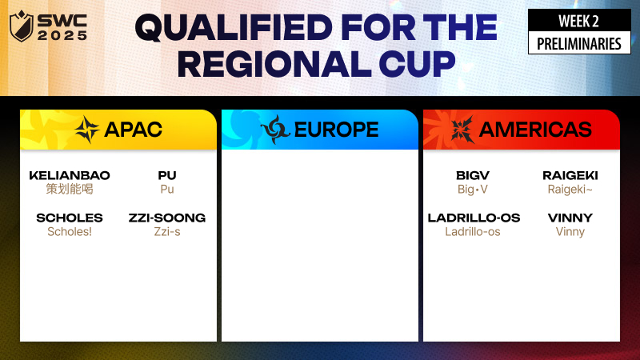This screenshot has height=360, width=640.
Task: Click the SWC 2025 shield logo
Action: (x=22, y=26)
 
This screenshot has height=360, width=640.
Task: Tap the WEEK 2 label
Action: (x=578, y=22)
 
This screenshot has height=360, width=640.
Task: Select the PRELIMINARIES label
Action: (x=578, y=44)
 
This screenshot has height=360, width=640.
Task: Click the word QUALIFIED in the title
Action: (x=234, y=28)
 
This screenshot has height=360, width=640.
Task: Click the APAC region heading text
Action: (x=134, y=130)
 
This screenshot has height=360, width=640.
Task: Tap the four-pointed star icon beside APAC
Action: (x=87, y=130)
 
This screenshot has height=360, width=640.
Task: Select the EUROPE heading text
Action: (x=336, y=130)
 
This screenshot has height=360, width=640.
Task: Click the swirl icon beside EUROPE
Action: (x=275, y=130)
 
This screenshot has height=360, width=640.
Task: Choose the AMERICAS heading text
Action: (x=535, y=130)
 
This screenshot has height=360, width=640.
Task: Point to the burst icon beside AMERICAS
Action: (x=462, y=130)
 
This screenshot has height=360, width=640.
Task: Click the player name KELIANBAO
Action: (x=70, y=175)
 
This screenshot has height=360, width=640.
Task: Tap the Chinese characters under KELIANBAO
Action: (x=70, y=189)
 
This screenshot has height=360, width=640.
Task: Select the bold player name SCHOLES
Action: (x=70, y=218)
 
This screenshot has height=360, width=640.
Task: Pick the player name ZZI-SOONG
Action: (x=167, y=218)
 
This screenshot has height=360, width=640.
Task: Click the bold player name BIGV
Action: (x=473, y=175)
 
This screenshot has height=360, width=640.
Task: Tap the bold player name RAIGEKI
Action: (x=570, y=175)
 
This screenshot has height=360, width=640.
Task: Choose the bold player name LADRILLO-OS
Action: (x=474, y=218)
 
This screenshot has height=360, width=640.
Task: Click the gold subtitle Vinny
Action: (x=570, y=232)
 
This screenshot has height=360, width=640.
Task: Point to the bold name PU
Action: (x=167, y=175)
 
